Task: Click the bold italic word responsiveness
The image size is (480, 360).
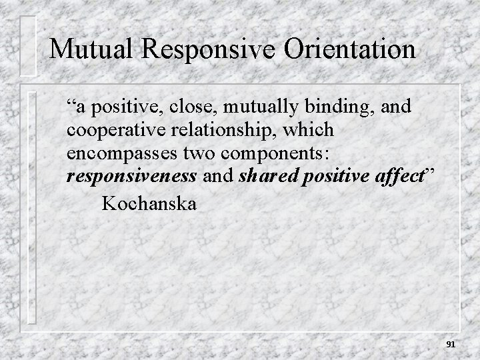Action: [131, 176]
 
